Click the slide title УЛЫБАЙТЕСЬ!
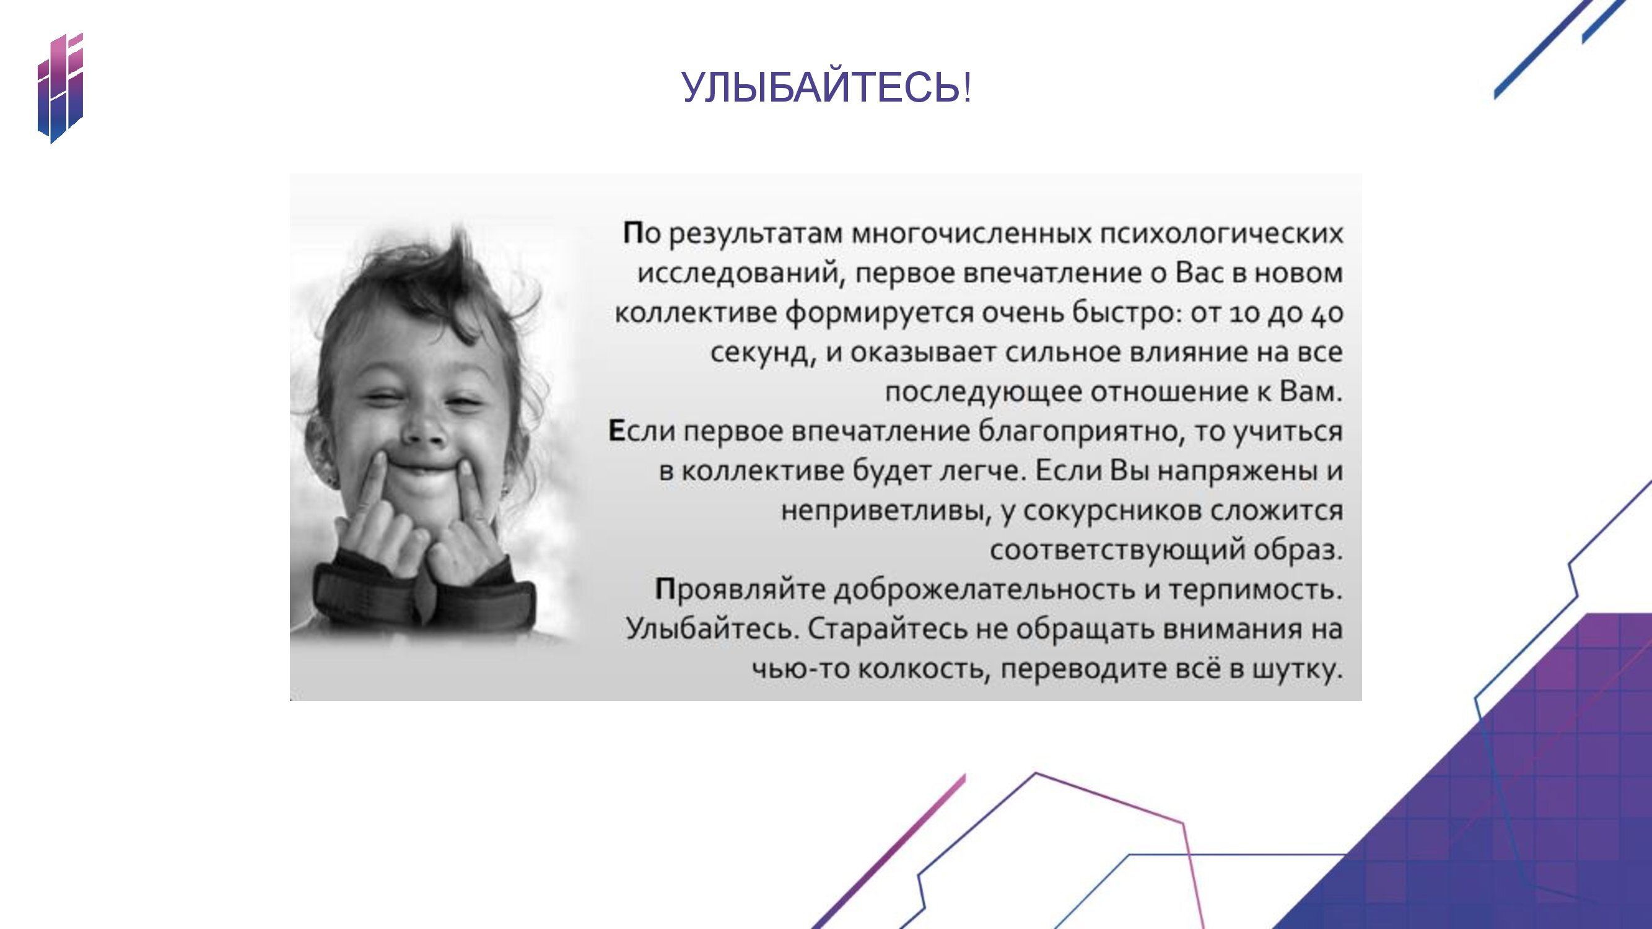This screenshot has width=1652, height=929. coord(826,87)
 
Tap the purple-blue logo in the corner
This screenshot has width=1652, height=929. coord(60,89)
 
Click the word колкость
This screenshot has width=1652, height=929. coord(925,669)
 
